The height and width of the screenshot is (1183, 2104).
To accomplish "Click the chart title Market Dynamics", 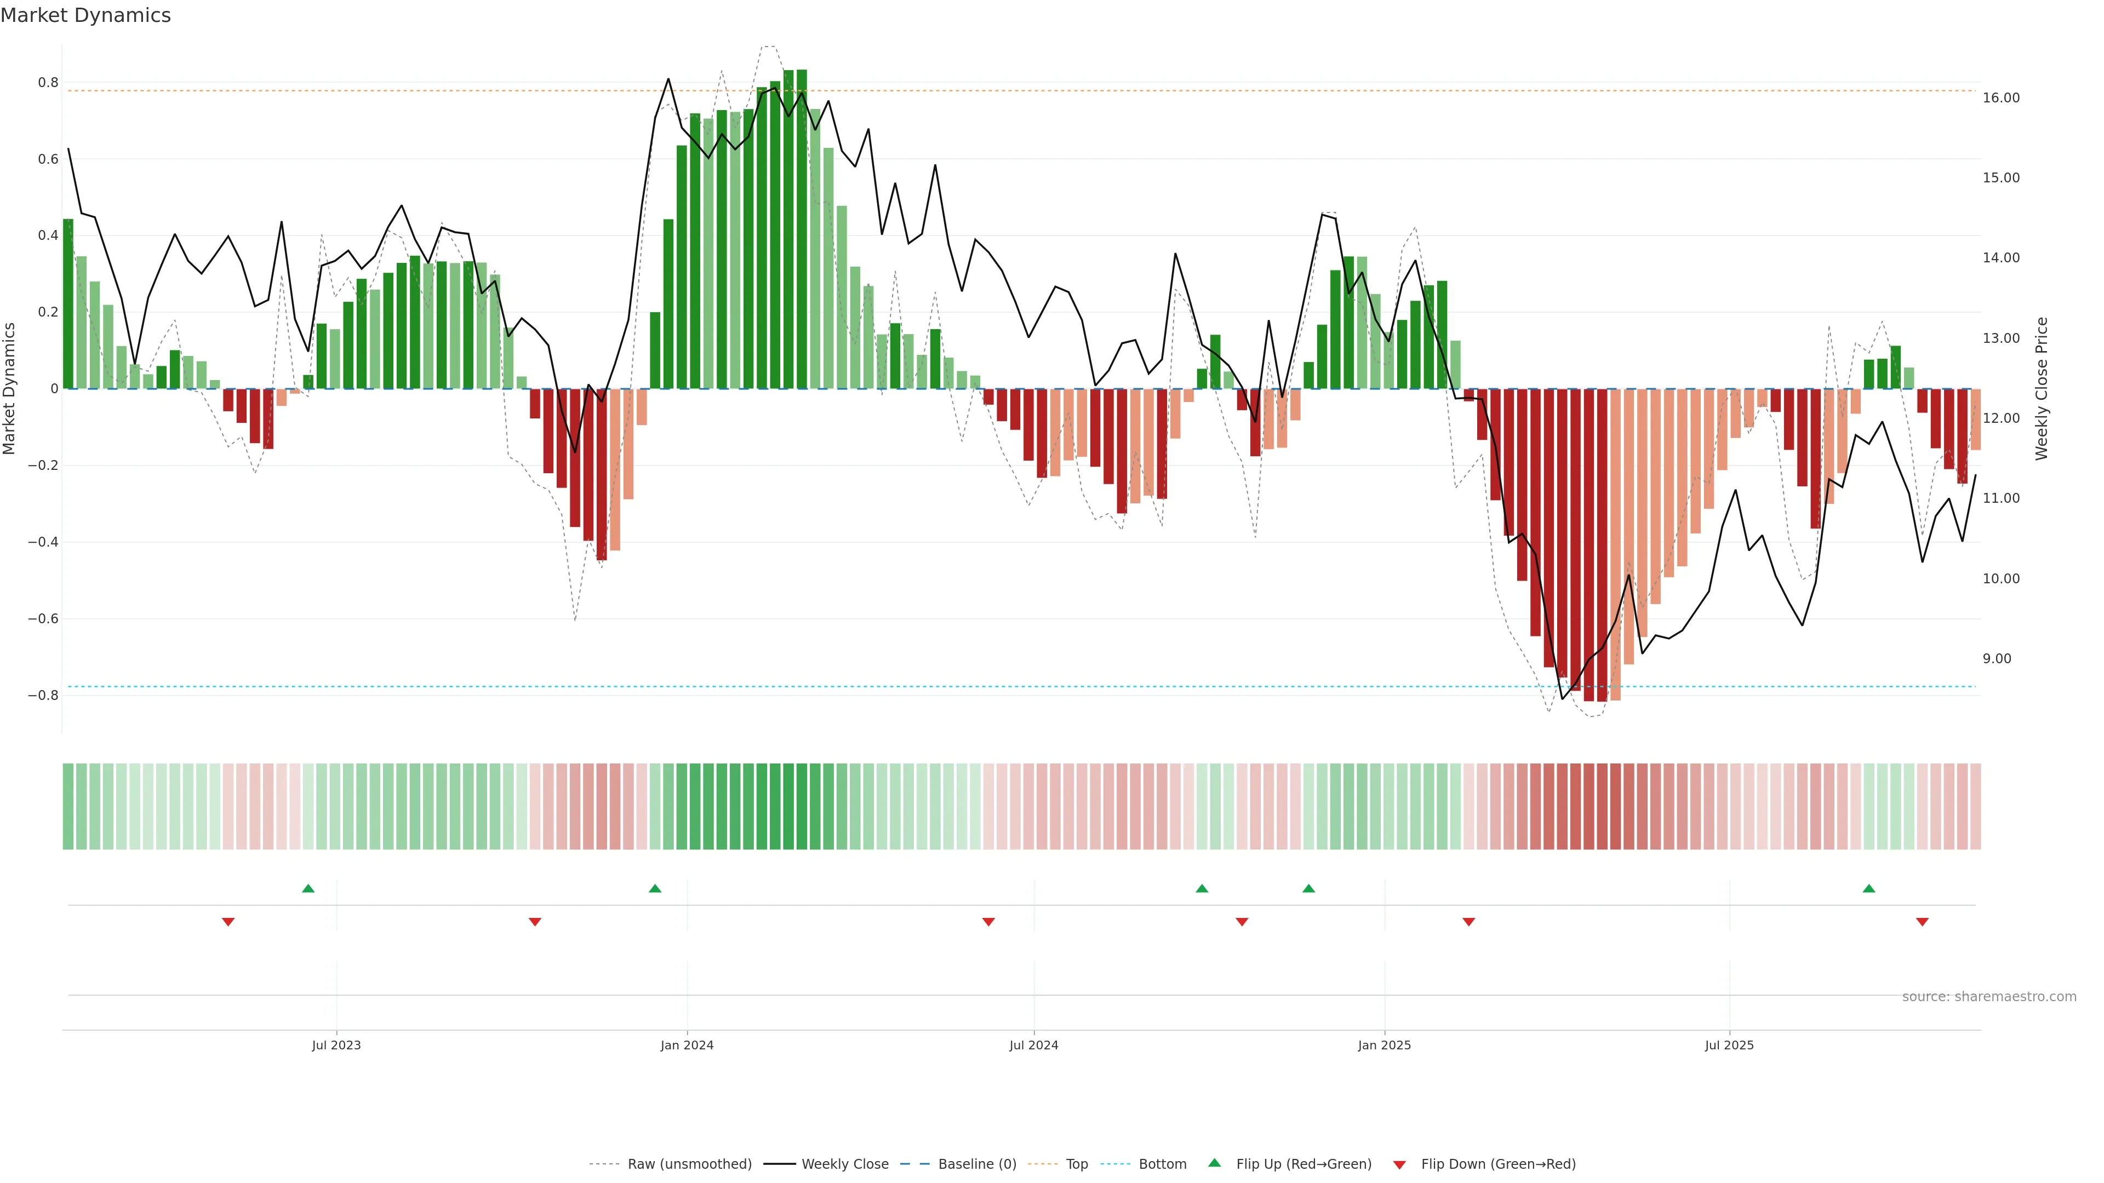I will (86, 15).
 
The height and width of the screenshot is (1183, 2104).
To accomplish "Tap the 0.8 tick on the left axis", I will (48, 83).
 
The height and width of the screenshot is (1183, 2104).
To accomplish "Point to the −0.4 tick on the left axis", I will (43, 542).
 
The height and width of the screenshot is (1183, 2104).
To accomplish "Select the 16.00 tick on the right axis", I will (2000, 98).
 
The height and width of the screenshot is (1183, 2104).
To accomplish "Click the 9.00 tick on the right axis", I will (1997, 659).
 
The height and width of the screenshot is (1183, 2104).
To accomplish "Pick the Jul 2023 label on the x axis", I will (336, 1045).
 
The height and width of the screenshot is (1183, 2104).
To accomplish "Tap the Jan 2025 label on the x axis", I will (1383, 1045).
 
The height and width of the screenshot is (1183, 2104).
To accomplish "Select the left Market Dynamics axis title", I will (10, 389).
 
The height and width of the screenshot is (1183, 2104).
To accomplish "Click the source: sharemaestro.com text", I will (1989, 997).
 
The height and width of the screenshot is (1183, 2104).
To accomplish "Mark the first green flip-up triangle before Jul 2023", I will (308, 888).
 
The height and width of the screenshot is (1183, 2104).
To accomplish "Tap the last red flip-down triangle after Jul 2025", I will (1922, 922).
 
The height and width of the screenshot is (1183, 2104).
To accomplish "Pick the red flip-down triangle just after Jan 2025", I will (1468, 922).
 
